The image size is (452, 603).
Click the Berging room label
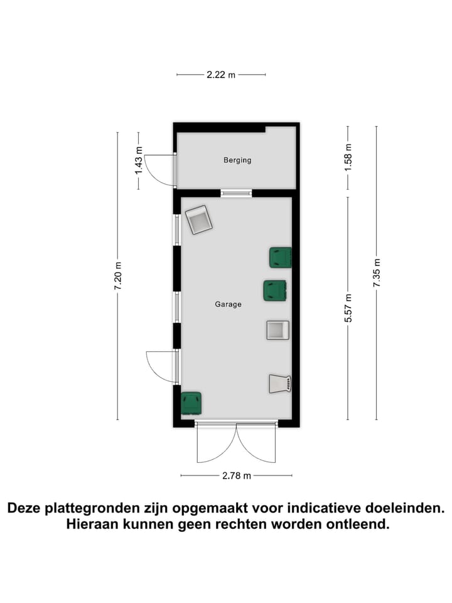tap(237, 160)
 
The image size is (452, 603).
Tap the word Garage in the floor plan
tap(228, 304)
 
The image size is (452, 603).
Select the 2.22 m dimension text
tap(220, 75)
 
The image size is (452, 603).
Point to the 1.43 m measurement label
tap(139, 161)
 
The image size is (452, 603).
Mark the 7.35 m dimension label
tap(377, 273)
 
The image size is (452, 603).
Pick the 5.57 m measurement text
tap(348, 308)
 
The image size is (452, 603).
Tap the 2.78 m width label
tap(236, 475)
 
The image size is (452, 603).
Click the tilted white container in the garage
tap(199, 220)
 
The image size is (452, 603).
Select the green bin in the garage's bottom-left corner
tap(191, 403)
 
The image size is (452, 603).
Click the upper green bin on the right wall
tap(280, 258)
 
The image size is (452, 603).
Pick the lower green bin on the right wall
tap(274, 290)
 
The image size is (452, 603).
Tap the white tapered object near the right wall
tap(280, 384)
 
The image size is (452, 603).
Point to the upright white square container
tap(277, 330)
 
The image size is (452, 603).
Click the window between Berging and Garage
tap(236, 193)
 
